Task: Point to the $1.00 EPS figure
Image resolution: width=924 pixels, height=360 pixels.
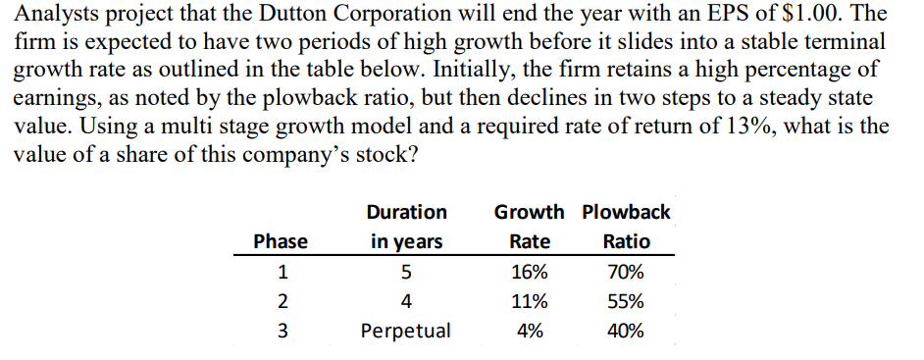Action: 797,15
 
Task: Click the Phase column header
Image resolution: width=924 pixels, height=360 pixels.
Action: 281,241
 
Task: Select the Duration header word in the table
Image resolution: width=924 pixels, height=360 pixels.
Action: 406,212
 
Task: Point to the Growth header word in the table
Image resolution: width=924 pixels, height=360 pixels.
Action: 530,212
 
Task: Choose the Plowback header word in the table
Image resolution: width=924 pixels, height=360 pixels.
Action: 626,212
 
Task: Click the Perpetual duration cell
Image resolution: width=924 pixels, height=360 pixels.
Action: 406,331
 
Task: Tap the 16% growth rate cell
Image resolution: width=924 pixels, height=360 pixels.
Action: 531,272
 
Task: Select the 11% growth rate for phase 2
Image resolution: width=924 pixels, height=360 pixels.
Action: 531,301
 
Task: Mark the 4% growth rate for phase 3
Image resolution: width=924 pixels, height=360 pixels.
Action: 531,331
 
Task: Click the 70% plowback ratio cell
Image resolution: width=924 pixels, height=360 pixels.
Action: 626,272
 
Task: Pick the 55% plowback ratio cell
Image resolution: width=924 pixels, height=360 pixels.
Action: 626,301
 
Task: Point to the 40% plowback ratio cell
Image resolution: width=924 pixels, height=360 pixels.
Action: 626,331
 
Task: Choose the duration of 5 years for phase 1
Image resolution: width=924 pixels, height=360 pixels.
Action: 406,272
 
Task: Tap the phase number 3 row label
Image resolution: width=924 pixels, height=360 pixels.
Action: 281,331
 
